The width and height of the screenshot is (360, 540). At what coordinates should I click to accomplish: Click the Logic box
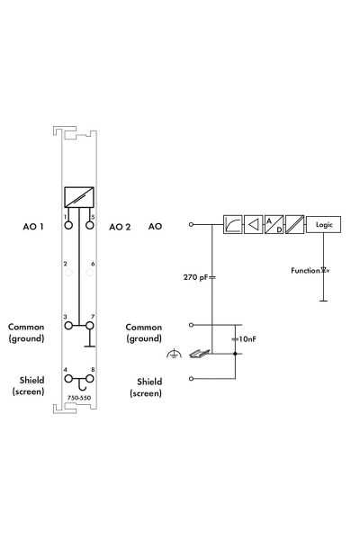click(323, 224)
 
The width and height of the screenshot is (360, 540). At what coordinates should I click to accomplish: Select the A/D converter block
click(274, 224)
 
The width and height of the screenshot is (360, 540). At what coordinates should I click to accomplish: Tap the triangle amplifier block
click(253, 224)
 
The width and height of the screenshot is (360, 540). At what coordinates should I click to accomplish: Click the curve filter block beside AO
click(232, 224)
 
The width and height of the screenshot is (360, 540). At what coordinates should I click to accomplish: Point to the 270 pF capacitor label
click(195, 277)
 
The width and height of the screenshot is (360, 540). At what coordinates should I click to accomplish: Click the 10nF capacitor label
click(247, 339)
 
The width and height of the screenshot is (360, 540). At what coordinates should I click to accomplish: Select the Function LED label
click(305, 271)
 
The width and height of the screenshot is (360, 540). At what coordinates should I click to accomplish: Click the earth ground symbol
click(175, 354)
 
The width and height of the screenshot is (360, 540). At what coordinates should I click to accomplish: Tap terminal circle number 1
click(68, 225)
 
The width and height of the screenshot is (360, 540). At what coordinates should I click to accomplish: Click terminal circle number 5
click(90, 225)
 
